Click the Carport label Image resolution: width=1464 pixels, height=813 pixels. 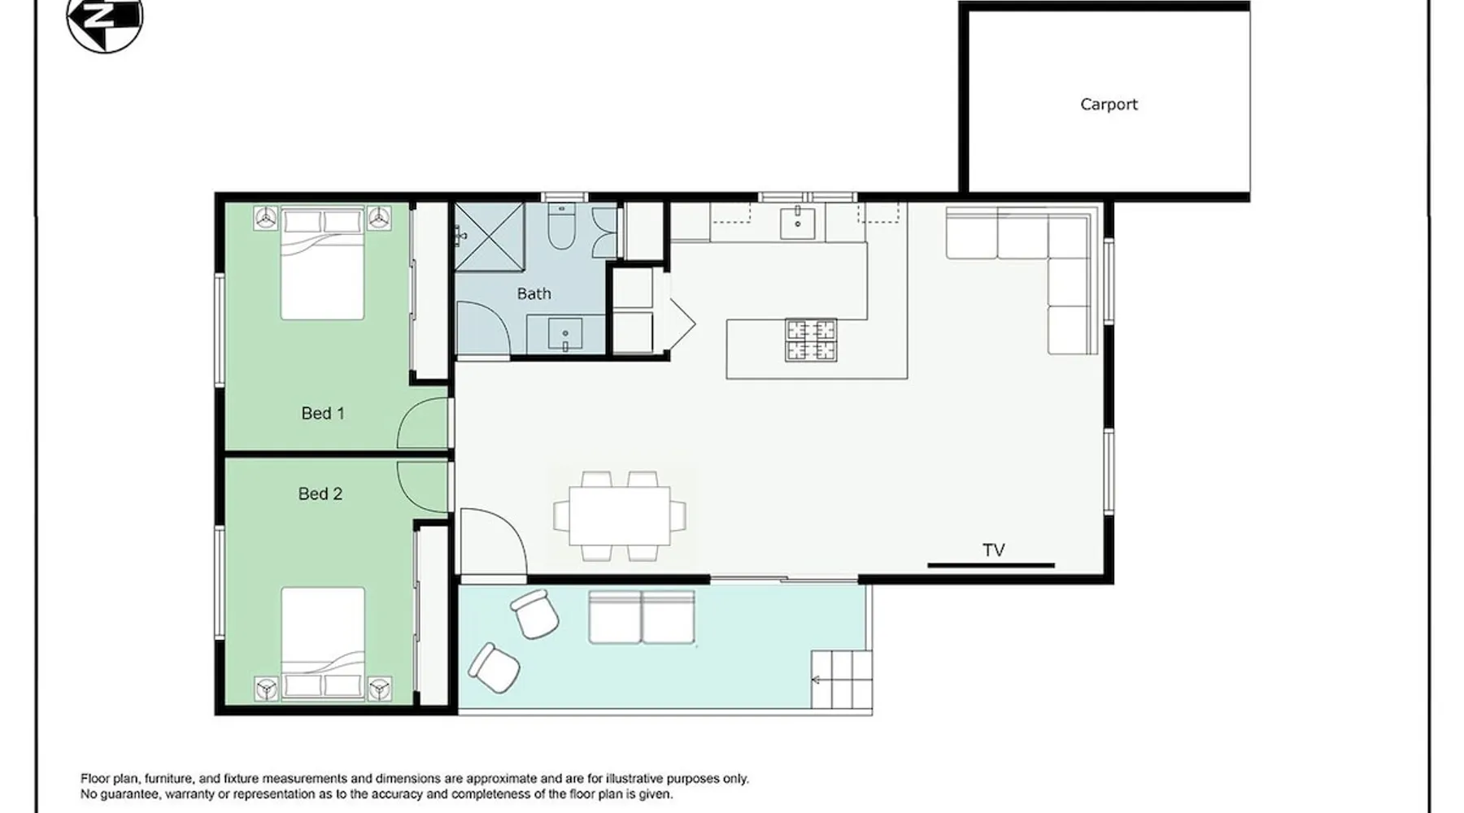1109,104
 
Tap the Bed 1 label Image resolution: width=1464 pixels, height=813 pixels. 323,413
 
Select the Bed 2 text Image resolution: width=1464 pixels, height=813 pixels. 320,493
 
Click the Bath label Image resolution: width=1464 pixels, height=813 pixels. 534,293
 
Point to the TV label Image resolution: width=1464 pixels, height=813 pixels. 994,550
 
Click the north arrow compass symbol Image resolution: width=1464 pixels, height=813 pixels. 104,20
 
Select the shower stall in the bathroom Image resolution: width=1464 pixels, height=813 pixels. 489,237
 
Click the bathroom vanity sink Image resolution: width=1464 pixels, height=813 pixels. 565,333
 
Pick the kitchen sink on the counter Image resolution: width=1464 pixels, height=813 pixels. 798,221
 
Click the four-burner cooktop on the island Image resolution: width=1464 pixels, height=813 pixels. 811,340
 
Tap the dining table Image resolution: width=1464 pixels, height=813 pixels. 620,515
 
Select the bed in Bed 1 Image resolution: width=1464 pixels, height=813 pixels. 323,263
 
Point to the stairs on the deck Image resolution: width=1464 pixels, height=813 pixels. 842,680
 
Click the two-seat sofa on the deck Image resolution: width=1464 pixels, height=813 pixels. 642,618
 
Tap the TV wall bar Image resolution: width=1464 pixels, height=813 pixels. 991,565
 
